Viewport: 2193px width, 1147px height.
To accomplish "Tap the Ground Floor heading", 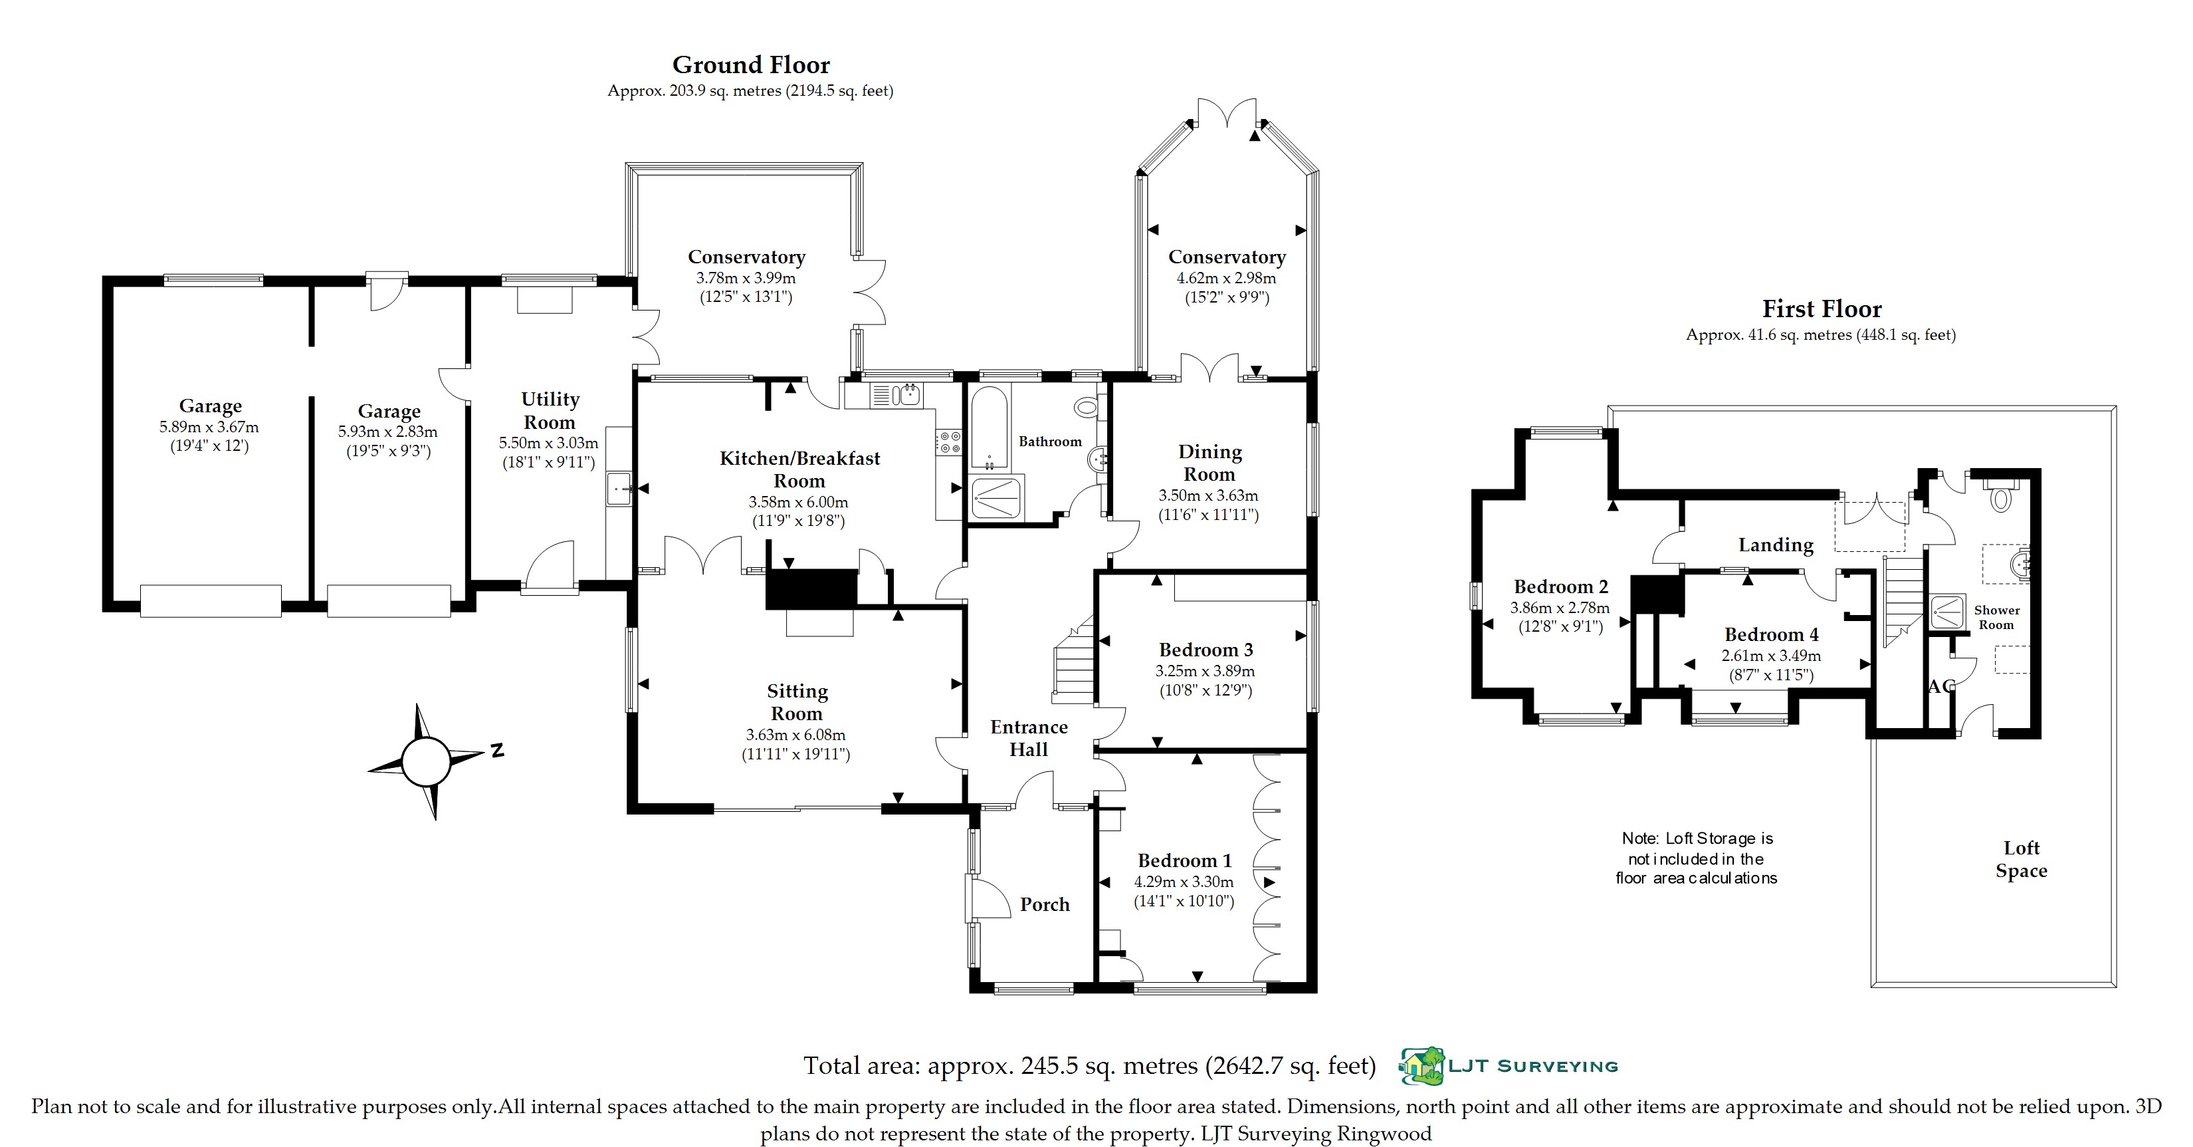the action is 751,64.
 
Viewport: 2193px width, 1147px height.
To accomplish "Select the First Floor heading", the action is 1821,309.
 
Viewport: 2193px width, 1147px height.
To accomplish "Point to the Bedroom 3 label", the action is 1205,650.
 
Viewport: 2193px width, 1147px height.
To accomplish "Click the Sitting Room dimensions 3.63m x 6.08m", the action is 796,735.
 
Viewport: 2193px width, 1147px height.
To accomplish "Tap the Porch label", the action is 1045,904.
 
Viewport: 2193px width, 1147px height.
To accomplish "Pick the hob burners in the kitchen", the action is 949,441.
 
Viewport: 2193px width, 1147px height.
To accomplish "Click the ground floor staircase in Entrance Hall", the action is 1073,659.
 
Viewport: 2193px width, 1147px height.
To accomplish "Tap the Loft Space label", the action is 2021,859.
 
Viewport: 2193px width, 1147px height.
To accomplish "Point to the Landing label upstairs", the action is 1776,545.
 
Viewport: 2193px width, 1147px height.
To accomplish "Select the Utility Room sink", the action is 619,489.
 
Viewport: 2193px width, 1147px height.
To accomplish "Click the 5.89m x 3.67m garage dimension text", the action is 209,428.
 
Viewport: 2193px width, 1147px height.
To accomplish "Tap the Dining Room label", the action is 1209,463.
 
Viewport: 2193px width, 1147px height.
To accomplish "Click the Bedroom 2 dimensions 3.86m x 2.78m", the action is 1560,608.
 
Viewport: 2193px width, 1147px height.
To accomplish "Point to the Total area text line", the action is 1090,1065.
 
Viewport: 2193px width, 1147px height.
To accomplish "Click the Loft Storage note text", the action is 1697,858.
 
